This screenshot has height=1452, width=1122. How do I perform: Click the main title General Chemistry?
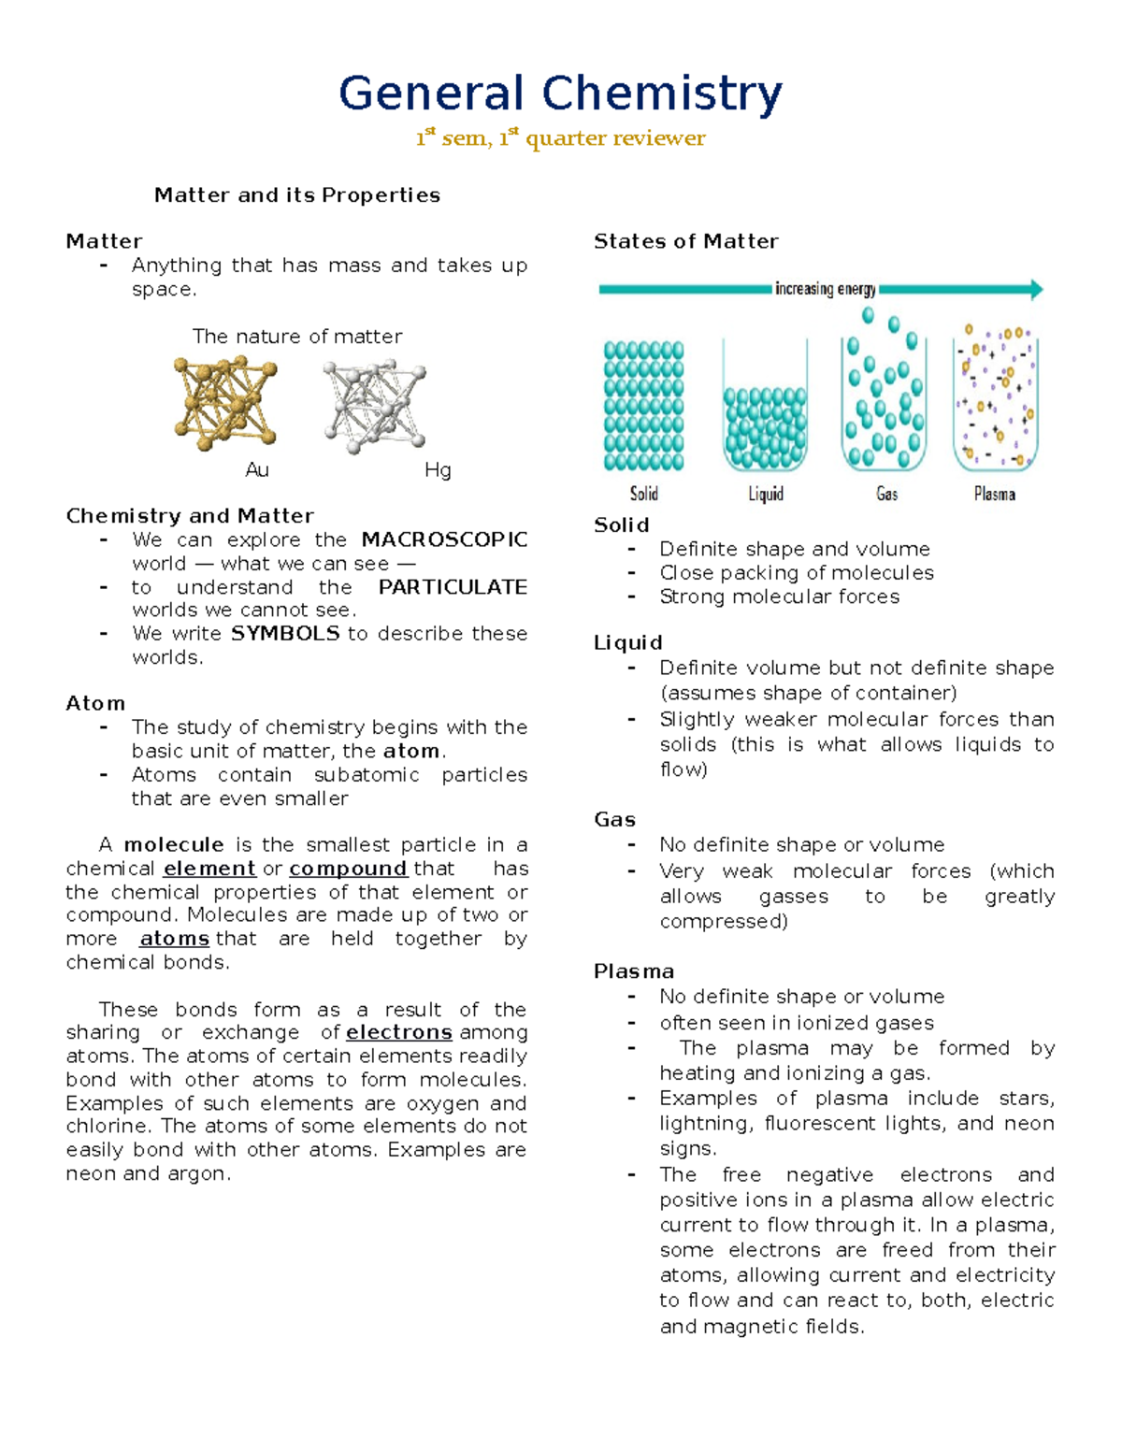pyautogui.click(x=560, y=94)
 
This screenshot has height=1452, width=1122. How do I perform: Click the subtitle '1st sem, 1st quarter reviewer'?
pyautogui.click(x=560, y=138)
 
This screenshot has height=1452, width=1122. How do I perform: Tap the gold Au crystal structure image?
pyautogui.click(x=225, y=403)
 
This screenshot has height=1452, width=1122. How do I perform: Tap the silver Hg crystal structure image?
pyautogui.click(x=375, y=406)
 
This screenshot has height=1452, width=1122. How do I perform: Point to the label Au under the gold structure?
pyautogui.click(x=257, y=470)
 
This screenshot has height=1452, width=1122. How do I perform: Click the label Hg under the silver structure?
pyautogui.click(x=438, y=470)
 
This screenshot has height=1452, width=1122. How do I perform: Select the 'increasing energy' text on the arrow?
pyautogui.click(x=825, y=289)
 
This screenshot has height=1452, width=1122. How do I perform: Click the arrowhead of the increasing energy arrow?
pyautogui.click(x=1036, y=289)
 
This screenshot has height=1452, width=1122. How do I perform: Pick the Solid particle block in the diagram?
pyautogui.click(x=643, y=406)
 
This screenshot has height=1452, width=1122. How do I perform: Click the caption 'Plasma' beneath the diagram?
pyautogui.click(x=994, y=494)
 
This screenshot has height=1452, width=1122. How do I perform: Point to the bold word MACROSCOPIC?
pyautogui.click(x=444, y=540)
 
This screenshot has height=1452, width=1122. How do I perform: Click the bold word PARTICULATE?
pyautogui.click(x=453, y=587)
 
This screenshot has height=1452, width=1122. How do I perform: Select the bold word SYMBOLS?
pyautogui.click(x=285, y=634)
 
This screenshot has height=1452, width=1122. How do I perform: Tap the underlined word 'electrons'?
pyautogui.click(x=399, y=1032)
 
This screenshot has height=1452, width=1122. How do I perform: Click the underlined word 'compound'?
pyautogui.click(x=348, y=869)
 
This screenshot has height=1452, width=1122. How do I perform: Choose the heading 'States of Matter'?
pyautogui.click(x=685, y=241)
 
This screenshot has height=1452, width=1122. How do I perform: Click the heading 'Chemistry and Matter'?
pyautogui.click(x=190, y=516)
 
